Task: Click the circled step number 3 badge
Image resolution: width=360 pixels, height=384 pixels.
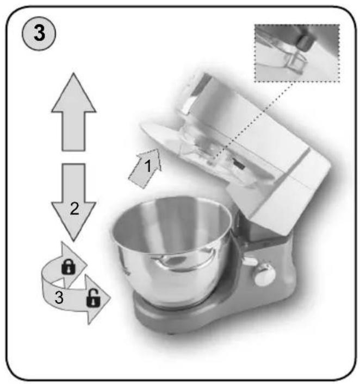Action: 39,34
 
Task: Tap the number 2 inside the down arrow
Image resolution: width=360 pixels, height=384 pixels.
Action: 75,209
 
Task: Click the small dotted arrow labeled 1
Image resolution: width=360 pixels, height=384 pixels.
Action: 145,168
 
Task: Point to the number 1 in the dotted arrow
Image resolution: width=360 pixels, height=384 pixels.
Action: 148,166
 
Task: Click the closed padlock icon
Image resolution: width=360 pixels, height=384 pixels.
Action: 69,267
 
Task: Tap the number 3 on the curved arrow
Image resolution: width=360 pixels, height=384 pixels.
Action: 59,298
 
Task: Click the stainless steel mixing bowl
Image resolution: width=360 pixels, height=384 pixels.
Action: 172,250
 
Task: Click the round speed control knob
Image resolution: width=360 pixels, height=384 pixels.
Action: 264,274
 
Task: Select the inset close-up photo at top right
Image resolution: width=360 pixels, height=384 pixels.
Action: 297,53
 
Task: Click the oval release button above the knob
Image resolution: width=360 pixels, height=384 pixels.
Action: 250,261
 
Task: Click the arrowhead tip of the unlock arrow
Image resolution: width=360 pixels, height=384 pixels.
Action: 110,298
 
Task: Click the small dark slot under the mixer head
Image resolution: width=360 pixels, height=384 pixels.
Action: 239,163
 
